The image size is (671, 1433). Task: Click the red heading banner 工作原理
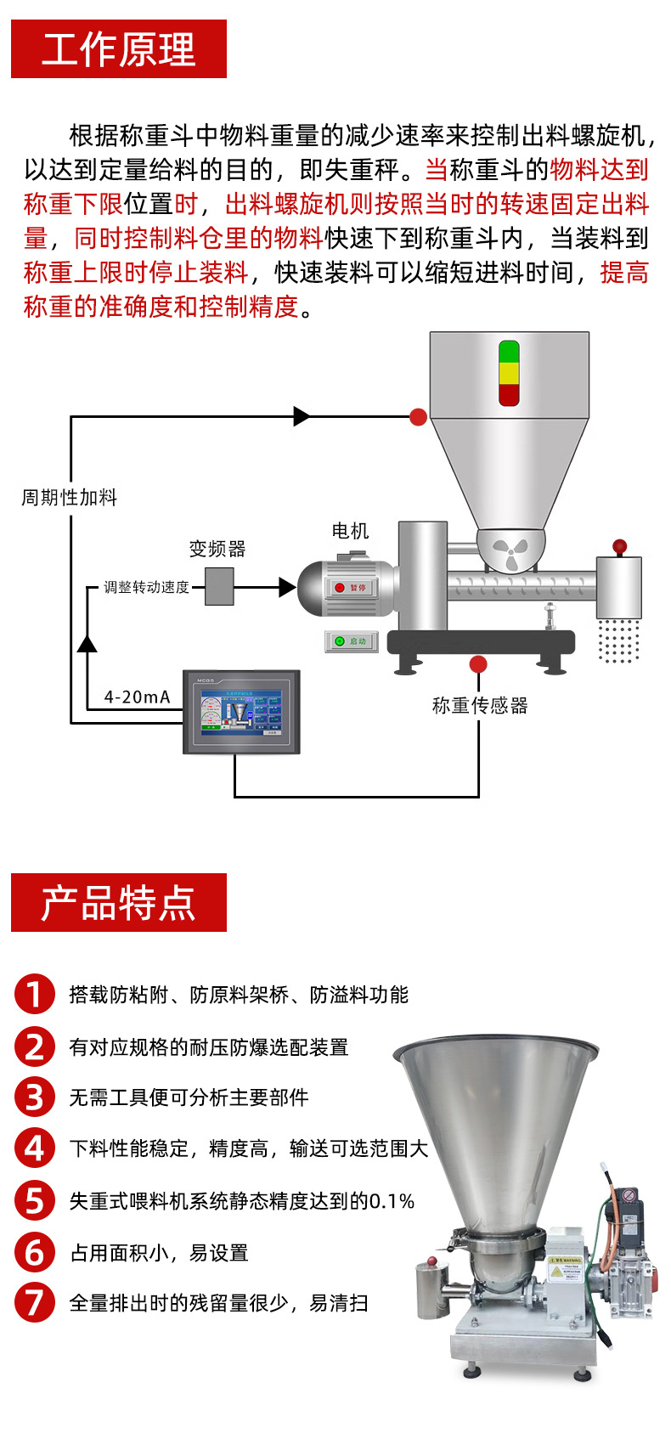pos(119,49)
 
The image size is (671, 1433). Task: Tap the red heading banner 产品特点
pos(119,902)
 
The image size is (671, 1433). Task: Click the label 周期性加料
pos(69,498)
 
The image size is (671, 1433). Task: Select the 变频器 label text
pos(217,549)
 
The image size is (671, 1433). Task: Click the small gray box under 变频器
pos(219,587)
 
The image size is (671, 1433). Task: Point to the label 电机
pos(350,531)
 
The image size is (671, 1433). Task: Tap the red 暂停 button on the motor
pos(351,588)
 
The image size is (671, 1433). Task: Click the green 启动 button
pos(351,641)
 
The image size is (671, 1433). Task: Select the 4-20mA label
pos(137,697)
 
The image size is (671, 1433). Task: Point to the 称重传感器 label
pos(480,706)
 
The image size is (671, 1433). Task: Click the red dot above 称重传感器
pos(478,664)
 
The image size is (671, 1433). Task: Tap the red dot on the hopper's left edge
pos(418,417)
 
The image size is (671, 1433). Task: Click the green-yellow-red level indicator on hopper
pos(509,373)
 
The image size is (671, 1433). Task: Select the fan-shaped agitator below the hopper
pos(510,553)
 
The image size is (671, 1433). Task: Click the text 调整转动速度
pos(146,588)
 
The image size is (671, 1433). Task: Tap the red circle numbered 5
pos(34,1200)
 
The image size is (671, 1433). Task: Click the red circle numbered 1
pos(34,994)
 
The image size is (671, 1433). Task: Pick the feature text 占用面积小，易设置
pos(159,1253)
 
